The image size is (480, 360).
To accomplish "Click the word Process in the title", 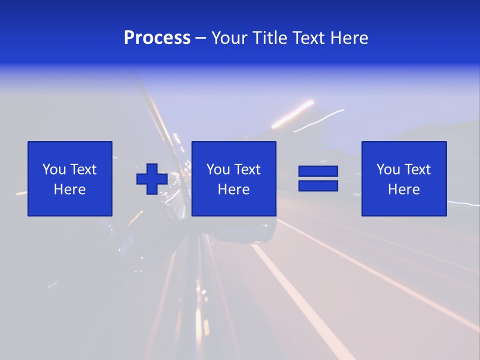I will (157, 38).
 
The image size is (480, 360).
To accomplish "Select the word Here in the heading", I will (348, 38).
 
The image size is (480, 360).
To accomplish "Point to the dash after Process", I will (201, 38).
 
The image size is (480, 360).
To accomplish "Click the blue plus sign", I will (152, 179).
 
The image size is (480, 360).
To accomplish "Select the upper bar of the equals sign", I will (318, 171).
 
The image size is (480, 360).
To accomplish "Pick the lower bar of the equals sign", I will (318, 185).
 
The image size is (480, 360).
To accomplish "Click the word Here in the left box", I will (70, 189).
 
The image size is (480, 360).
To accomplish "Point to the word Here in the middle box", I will (234, 189).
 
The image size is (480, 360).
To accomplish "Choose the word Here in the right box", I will (404, 189).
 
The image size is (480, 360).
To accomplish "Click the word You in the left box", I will (54, 169).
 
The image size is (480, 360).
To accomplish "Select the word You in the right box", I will (388, 169).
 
